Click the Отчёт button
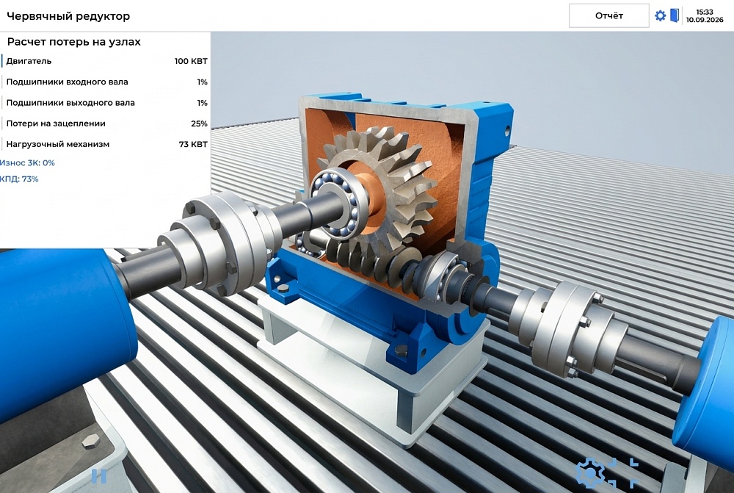tap(608, 15)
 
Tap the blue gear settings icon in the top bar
tap(660, 15)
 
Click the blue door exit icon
tap(675, 15)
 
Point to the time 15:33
tap(705, 12)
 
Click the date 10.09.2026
tap(705, 20)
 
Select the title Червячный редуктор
tap(68, 16)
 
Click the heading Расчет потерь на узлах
tap(74, 42)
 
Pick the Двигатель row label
tap(29, 61)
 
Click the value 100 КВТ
tap(191, 61)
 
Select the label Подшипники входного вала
tap(67, 82)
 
